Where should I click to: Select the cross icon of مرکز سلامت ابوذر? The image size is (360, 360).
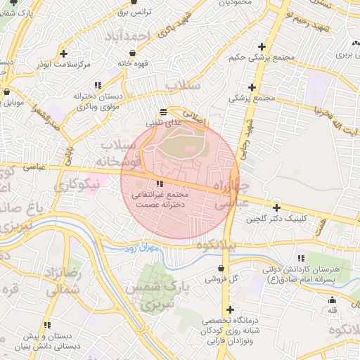pyautogui.click(x=65, y=53)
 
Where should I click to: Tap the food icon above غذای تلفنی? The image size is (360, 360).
pyautogui.click(x=163, y=111)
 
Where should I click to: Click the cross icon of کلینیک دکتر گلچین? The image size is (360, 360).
pyautogui.click(x=276, y=208)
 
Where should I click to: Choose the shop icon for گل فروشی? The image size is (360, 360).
pyautogui.click(x=223, y=268)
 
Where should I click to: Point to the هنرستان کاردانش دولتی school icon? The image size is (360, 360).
pyautogui.click(x=301, y=259)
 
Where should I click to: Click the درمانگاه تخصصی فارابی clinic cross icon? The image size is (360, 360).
pyautogui.click(x=229, y=309)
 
